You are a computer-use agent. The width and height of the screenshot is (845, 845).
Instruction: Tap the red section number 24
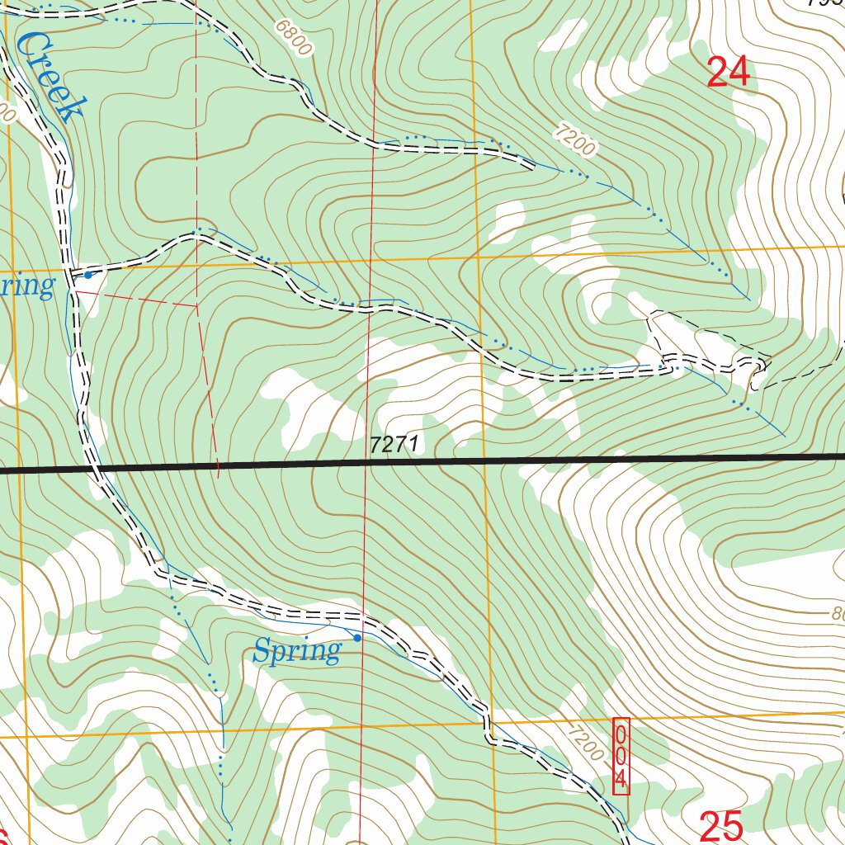point(729,73)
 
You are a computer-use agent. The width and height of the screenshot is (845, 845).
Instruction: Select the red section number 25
point(722,825)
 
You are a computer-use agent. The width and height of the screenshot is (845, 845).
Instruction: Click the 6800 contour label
point(294,38)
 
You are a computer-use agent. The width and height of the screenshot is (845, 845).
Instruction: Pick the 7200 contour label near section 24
point(574,138)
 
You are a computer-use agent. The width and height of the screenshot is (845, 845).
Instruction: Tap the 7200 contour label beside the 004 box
point(586,740)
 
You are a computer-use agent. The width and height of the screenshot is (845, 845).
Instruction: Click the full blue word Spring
point(296,652)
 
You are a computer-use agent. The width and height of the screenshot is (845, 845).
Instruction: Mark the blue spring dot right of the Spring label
point(357,638)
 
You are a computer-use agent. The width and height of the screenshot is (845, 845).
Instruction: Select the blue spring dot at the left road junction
point(87,275)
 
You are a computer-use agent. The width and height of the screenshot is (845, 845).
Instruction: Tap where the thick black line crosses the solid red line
point(366,463)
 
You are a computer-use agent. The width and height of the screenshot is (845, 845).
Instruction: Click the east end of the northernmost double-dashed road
point(528,166)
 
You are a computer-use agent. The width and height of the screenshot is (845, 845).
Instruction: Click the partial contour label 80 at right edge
point(837,616)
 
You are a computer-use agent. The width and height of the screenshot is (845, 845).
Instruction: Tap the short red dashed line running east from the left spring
point(136,298)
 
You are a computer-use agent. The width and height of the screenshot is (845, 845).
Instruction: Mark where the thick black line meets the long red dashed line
point(218,466)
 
